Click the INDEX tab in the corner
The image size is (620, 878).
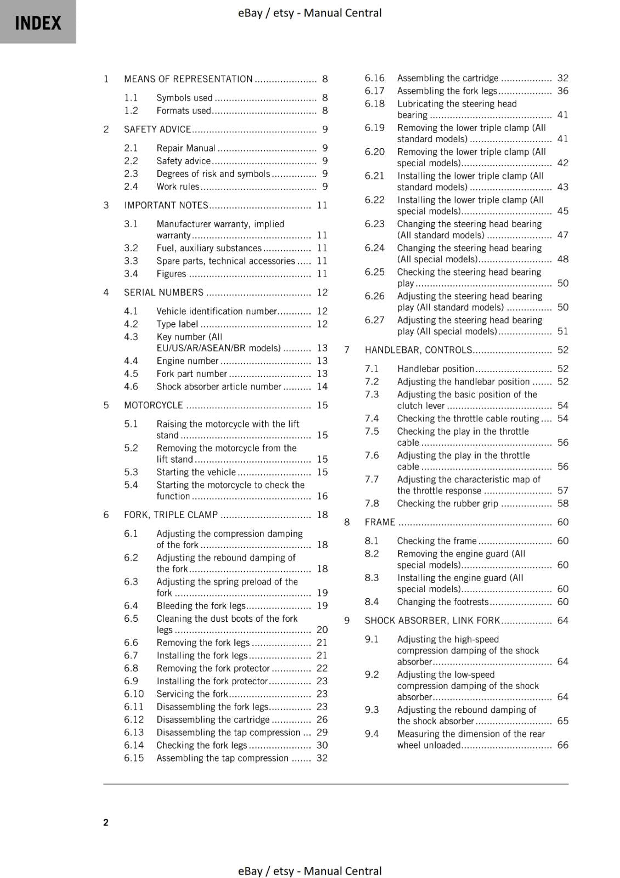(x=38, y=22)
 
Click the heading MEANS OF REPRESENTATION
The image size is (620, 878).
(x=188, y=79)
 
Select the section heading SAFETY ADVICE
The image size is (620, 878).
(x=157, y=130)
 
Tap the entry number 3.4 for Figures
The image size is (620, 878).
(x=131, y=274)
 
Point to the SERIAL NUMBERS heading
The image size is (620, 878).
(x=164, y=292)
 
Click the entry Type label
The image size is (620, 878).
(x=177, y=324)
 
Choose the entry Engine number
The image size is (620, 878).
(x=188, y=361)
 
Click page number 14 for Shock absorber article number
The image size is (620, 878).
(x=322, y=387)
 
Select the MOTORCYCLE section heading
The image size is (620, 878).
(x=154, y=406)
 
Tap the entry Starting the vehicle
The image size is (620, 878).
(x=196, y=472)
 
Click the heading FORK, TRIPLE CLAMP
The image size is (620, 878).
(x=171, y=515)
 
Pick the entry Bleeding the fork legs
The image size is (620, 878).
(x=201, y=606)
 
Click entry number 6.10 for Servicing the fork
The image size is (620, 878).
(x=133, y=694)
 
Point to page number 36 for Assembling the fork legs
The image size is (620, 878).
(x=563, y=91)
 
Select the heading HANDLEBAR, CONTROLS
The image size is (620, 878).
(x=418, y=350)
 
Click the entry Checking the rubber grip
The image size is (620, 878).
(x=448, y=504)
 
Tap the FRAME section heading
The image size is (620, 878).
(x=380, y=522)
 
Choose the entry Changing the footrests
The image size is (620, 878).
(x=443, y=602)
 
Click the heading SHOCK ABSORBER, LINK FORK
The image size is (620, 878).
(x=432, y=621)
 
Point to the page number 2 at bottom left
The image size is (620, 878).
(x=106, y=822)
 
